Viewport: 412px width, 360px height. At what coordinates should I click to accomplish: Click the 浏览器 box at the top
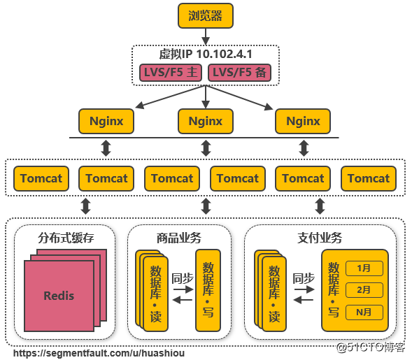pyautogui.click(x=205, y=15)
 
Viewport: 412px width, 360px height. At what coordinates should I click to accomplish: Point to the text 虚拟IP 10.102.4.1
pyautogui.click(x=205, y=54)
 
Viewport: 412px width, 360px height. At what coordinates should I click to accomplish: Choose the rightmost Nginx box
pyautogui.click(x=303, y=121)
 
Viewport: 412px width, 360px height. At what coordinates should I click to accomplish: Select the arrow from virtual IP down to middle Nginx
pyautogui.click(x=205, y=96)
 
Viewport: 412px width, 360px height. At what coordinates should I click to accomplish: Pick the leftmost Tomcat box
pyautogui.click(x=41, y=178)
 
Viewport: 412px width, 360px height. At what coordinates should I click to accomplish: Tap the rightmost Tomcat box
pyautogui.click(x=369, y=178)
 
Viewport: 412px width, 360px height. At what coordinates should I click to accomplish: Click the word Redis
pyautogui.click(x=59, y=295)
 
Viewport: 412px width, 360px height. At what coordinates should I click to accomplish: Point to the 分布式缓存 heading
pyautogui.click(x=66, y=238)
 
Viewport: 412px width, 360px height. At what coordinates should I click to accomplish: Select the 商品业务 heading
pyautogui.click(x=180, y=238)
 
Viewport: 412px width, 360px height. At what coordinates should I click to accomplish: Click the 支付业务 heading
pyautogui.click(x=320, y=238)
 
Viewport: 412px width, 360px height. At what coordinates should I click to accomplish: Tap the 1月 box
pyautogui.click(x=364, y=268)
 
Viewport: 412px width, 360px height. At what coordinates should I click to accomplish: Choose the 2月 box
pyautogui.click(x=364, y=289)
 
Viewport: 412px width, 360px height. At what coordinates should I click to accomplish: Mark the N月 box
pyautogui.click(x=364, y=312)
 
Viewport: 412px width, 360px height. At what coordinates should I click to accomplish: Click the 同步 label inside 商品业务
pyautogui.click(x=182, y=278)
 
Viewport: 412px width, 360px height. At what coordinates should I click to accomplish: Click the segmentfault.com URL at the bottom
pyautogui.click(x=99, y=353)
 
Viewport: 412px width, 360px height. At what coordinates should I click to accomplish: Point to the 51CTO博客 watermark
pyautogui.click(x=371, y=347)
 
